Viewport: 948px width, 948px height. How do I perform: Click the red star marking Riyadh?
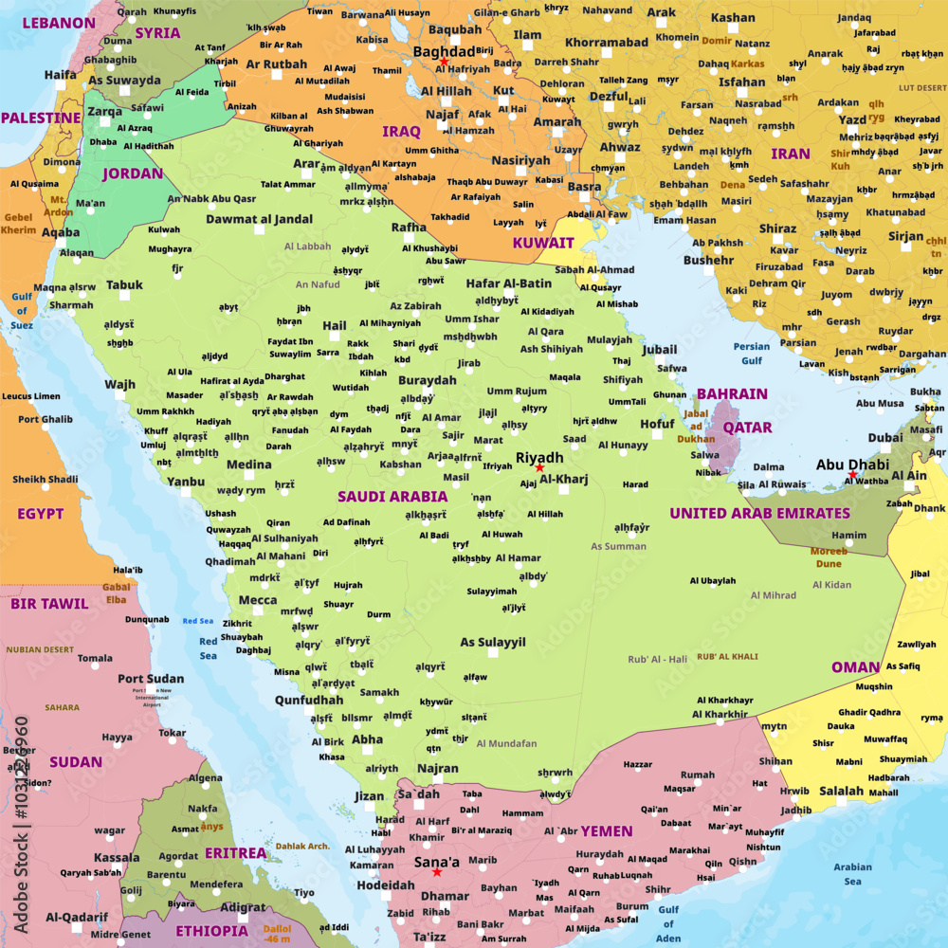click(538, 467)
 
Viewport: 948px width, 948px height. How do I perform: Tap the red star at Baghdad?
click(443, 61)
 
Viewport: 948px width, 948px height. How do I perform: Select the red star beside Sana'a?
click(436, 871)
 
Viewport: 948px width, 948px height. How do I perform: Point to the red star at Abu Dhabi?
click(852, 475)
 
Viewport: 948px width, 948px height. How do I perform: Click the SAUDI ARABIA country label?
click(392, 496)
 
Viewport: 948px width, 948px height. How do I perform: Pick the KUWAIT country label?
click(543, 243)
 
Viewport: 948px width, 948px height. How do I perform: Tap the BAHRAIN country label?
click(732, 393)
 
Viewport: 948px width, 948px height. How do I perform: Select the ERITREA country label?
click(235, 853)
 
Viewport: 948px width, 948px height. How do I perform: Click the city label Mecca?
click(258, 600)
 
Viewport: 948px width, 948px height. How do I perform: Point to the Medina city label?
click(249, 465)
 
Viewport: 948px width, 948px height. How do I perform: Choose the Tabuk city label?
click(124, 284)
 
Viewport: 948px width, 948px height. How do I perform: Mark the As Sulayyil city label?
click(493, 642)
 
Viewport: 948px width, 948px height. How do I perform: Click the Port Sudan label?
click(151, 678)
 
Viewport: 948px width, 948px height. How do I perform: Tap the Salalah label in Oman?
click(841, 791)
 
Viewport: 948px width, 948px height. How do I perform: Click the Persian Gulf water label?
click(752, 354)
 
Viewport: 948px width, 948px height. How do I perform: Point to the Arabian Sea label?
click(852, 874)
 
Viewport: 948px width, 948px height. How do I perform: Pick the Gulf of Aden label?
click(668, 924)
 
